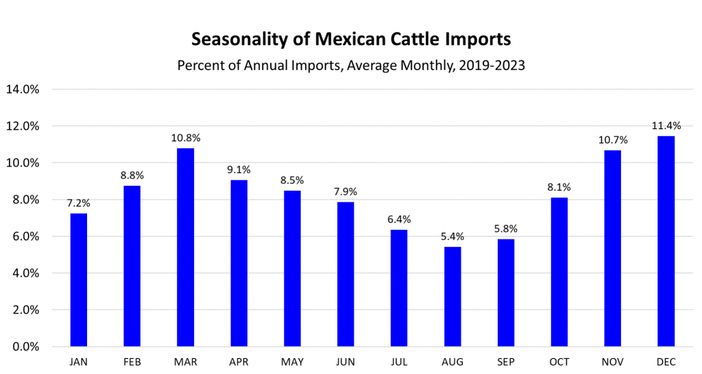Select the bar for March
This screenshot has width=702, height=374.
[186, 247]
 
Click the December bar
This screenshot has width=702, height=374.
[666, 241]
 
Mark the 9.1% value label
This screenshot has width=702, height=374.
[239, 168]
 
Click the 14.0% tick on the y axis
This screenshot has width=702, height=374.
[23, 89]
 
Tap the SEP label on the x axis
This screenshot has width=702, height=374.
[506, 361]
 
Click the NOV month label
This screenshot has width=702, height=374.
[612, 361]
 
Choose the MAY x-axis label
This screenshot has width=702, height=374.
[293, 361]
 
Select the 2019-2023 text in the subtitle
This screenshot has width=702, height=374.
[489, 66]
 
